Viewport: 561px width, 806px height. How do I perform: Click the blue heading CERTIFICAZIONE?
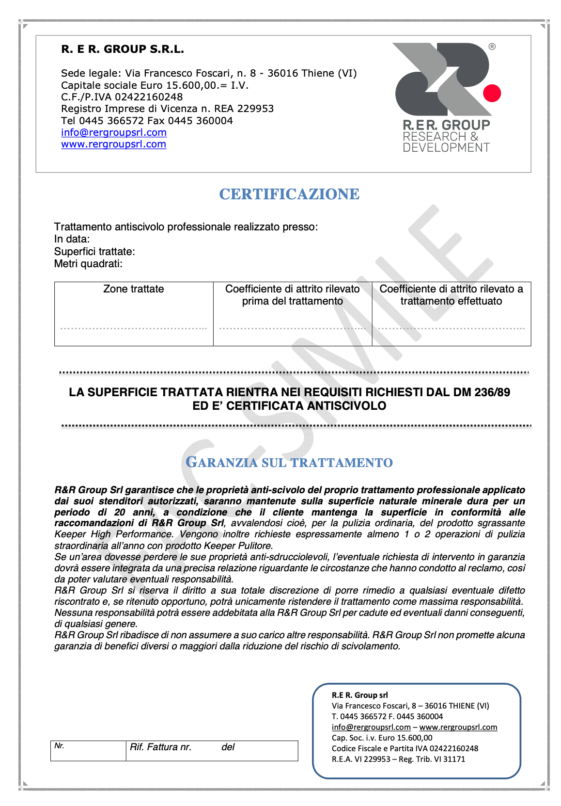289,194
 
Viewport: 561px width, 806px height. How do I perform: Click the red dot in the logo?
492,93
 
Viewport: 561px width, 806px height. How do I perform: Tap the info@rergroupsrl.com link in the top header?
114,132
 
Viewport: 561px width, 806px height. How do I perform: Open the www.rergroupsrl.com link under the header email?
113,144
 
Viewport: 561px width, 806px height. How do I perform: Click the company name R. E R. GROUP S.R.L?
123,49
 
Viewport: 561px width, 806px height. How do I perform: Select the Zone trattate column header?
134,289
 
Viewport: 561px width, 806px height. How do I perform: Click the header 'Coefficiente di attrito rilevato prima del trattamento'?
292,295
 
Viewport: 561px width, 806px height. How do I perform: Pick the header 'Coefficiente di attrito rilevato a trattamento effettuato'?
451,295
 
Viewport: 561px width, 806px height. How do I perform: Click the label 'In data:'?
72,239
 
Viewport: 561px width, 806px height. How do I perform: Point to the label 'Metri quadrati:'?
88,264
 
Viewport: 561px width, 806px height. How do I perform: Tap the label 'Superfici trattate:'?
94,252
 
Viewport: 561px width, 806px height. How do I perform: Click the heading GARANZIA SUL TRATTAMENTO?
289,463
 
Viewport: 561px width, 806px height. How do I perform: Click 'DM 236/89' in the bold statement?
482,392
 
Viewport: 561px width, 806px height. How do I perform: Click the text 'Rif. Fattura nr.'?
160,747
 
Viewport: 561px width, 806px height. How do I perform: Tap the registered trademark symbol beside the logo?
492,47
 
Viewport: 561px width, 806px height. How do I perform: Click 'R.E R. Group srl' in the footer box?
359,695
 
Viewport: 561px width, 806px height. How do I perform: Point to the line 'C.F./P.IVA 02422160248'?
122,97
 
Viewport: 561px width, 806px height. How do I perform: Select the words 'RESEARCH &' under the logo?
440,137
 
